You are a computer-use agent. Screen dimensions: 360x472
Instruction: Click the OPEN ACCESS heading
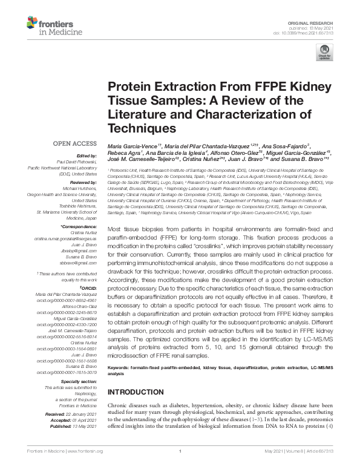(x=76, y=143)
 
